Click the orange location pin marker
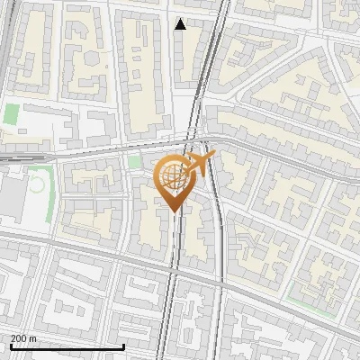173,181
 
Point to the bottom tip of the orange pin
173,211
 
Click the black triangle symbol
181,24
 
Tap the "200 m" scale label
23,338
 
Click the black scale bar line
67,346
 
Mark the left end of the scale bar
10,346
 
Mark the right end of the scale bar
123,346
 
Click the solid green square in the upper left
11,114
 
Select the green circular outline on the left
37,185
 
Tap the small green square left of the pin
136,162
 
